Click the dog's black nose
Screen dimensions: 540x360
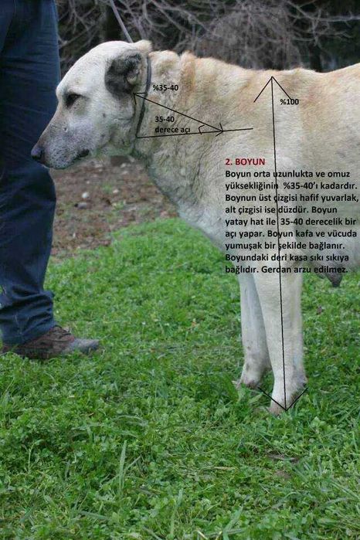click(36, 152)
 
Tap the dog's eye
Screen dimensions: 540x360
click(72, 100)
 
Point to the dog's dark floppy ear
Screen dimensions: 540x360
click(124, 73)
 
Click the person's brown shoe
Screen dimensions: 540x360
click(54, 343)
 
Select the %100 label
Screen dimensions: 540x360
click(289, 102)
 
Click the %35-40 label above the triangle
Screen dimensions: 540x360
click(165, 88)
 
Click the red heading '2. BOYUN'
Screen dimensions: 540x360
click(245, 162)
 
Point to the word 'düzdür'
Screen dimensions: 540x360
click(298, 209)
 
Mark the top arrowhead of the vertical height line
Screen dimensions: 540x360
click(272, 79)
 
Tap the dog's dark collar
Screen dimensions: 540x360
click(143, 100)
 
